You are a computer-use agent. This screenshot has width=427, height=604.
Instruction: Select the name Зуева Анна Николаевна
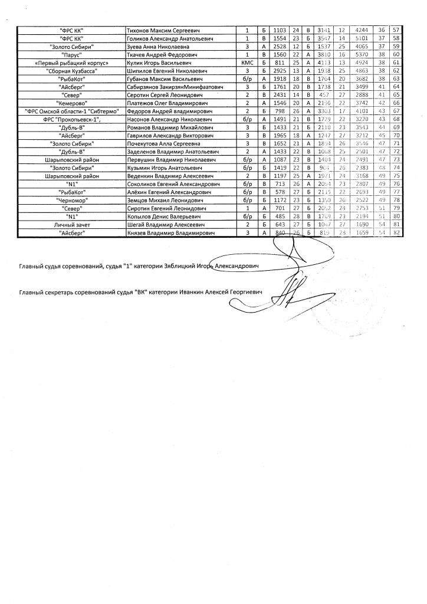coord(153,46)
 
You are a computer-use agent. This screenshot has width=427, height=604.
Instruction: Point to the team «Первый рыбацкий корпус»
coord(72,63)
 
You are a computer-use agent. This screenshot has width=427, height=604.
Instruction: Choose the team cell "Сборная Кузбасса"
coord(72,71)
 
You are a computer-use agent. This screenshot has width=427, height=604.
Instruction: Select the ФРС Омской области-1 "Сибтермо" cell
coord(72,111)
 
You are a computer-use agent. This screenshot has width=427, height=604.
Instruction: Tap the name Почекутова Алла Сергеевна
coord(163,143)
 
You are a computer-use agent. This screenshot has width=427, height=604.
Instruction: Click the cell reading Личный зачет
coord(72,225)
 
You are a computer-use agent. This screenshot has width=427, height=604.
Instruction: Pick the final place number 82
coord(396,234)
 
